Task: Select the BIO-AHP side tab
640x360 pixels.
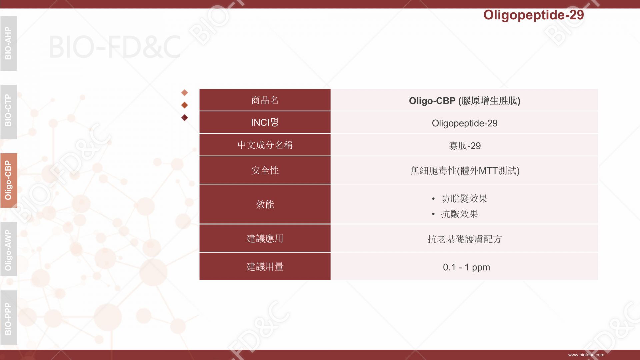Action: pos(9,43)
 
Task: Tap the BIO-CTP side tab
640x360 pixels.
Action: pos(9,112)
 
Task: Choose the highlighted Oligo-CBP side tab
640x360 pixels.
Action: pos(9,180)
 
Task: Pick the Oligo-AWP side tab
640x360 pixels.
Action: pos(9,249)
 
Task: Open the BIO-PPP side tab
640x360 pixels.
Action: pos(9,318)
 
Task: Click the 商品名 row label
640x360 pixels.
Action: pos(265,100)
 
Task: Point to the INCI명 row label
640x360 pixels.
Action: pos(265,122)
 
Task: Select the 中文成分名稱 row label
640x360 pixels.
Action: pos(265,145)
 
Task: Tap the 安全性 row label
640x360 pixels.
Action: pos(265,170)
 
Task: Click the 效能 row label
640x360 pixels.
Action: pos(265,204)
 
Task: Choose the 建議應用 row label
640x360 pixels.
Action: pos(265,238)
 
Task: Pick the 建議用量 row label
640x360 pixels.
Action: pos(265,267)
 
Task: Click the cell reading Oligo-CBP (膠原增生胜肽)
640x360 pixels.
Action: pos(465,101)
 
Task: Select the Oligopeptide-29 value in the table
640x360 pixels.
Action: pos(465,123)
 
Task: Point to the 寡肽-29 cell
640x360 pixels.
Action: pos(465,146)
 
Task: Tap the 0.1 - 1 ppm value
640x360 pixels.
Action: pos(466,267)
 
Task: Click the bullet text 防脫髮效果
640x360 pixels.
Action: pos(464,199)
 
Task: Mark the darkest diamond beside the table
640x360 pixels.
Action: pos(184,118)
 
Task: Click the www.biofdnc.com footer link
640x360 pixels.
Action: pos(586,355)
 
